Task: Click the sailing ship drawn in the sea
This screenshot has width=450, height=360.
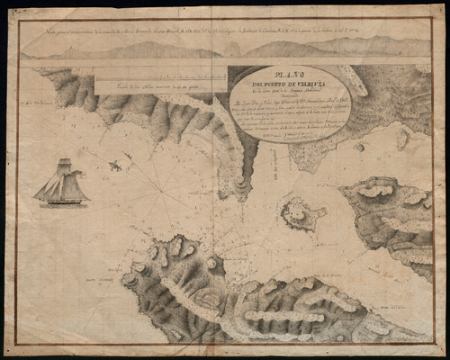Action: (x=61, y=184)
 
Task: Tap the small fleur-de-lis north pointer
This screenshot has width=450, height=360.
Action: (x=115, y=166)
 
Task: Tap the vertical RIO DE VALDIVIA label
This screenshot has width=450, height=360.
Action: (x=271, y=180)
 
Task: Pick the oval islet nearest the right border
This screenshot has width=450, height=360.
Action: (x=402, y=138)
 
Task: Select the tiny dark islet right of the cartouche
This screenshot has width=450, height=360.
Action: (x=359, y=146)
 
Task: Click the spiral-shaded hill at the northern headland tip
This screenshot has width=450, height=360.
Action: (x=242, y=184)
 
